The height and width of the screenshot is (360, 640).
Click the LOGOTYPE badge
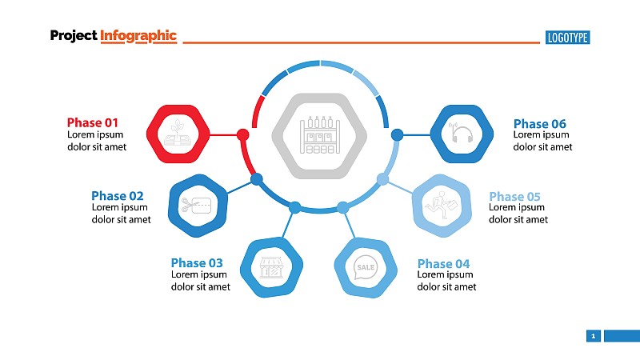[x=567, y=38]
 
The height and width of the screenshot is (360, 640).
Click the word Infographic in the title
[x=138, y=36]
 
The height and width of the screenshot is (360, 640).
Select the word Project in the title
[x=74, y=36]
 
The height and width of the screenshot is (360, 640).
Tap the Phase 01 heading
[x=93, y=122]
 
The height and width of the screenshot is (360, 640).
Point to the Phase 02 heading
[x=118, y=196]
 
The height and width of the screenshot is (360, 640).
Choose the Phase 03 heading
[x=197, y=262]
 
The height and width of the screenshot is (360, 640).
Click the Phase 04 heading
[x=443, y=264]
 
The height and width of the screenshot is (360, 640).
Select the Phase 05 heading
[x=514, y=197]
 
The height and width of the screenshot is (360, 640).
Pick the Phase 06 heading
[x=539, y=124]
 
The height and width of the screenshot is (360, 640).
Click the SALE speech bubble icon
[x=366, y=268]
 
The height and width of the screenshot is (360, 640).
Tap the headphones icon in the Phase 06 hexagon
[x=462, y=133]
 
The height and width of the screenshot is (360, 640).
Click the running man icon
[x=442, y=205]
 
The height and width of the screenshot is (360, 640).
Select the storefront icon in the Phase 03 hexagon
[x=271, y=268]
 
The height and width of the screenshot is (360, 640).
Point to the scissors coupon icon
[x=196, y=206]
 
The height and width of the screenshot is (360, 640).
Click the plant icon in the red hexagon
[x=178, y=133]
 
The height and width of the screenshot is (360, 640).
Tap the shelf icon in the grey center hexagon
[x=319, y=135]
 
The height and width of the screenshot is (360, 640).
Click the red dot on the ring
[x=243, y=134]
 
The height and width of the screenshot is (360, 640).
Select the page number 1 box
[x=594, y=336]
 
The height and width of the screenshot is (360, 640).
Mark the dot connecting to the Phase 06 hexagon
[x=397, y=134]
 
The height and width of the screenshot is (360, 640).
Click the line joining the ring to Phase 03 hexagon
[x=288, y=224]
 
